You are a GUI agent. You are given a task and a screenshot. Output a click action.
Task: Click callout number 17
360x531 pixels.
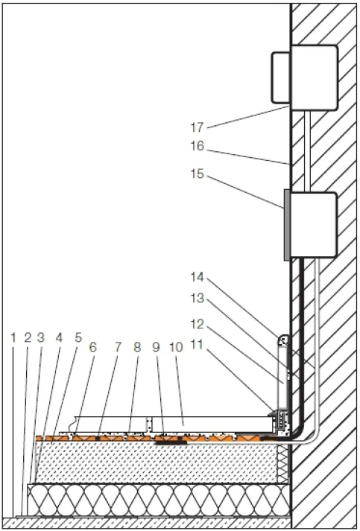(x=197, y=127)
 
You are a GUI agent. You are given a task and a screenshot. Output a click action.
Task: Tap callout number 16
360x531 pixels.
(x=198, y=146)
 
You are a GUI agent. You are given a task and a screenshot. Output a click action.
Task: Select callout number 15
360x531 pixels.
(x=198, y=174)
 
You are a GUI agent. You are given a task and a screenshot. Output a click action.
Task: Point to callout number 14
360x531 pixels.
(x=198, y=277)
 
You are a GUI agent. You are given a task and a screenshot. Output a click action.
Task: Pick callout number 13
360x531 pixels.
(x=198, y=299)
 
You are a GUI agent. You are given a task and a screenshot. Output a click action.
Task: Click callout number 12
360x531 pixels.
(x=198, y=324)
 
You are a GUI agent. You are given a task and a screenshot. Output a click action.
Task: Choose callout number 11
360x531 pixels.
(x=198, y=345)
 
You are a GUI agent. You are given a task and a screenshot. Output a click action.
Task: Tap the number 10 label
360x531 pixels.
(x=176, y=347)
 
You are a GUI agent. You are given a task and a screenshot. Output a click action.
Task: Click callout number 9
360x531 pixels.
(x=156, y=347)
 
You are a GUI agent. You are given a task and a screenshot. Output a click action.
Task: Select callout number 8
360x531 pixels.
(x=137, y=347)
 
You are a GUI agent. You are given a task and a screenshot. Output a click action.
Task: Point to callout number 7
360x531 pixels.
(x=118, y=347)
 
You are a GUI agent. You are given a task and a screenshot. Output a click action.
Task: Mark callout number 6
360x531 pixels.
(x=92, y=347)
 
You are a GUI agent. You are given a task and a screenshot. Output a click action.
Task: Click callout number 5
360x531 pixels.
(x=78, y=337)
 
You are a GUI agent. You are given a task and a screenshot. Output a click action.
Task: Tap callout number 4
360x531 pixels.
(x=59, y=337)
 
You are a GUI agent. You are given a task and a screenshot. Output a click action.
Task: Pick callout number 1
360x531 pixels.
(x=13, y=337)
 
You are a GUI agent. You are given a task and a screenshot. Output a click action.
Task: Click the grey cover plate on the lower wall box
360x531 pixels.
(x=287, y=225)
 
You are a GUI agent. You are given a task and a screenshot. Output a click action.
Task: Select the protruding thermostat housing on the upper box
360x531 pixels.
(x=280, y=77)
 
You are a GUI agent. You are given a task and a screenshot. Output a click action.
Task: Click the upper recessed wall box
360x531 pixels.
(x=315, y=77)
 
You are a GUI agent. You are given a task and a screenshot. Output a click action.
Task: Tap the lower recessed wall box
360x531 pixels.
(x=314, y=225)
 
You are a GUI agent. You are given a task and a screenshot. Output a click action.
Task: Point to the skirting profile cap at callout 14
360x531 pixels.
(x=283, y=340)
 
